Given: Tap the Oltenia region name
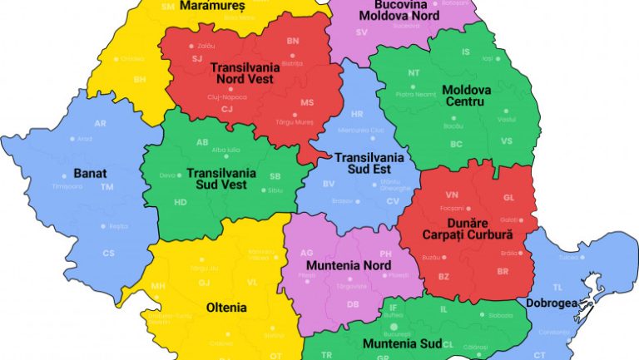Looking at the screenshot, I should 226,307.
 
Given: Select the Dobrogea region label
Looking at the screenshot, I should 551,303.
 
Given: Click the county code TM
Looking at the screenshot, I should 107,187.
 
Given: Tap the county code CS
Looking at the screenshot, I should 108,253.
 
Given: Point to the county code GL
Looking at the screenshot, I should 508,198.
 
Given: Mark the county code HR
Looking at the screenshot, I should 357,114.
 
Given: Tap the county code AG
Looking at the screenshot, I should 306,252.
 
